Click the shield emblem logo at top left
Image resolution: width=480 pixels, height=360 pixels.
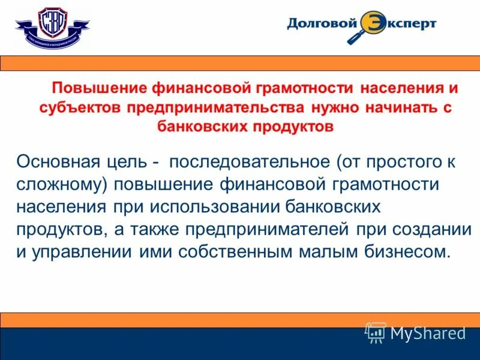pyautogui.click(x=52, y=25)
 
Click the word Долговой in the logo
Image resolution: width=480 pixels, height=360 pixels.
pyautogui.click(x=322, y=24)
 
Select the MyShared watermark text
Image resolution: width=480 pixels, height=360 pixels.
pyautogui.click(x=428, y=333)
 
